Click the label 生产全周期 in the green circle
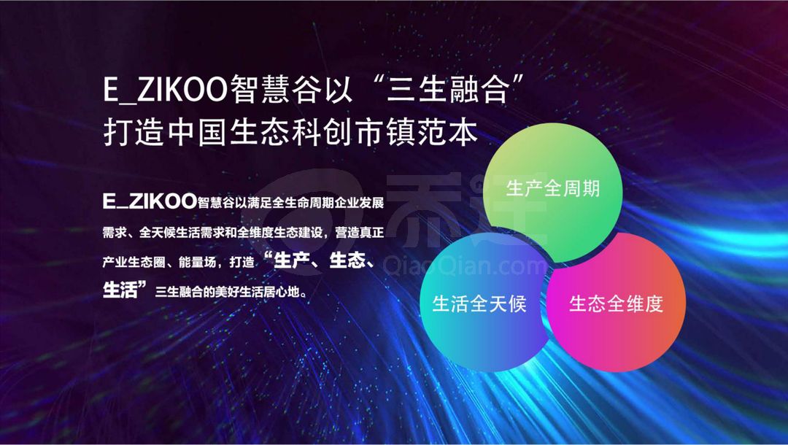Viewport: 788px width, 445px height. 553,188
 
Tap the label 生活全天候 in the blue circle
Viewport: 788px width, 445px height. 479,304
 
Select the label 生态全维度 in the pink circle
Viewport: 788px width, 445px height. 616,304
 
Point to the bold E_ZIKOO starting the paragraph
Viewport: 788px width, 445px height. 150,201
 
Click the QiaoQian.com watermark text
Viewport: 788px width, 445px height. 464,266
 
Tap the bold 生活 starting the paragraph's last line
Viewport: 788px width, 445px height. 120,290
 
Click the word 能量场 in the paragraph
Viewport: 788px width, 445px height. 197,262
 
